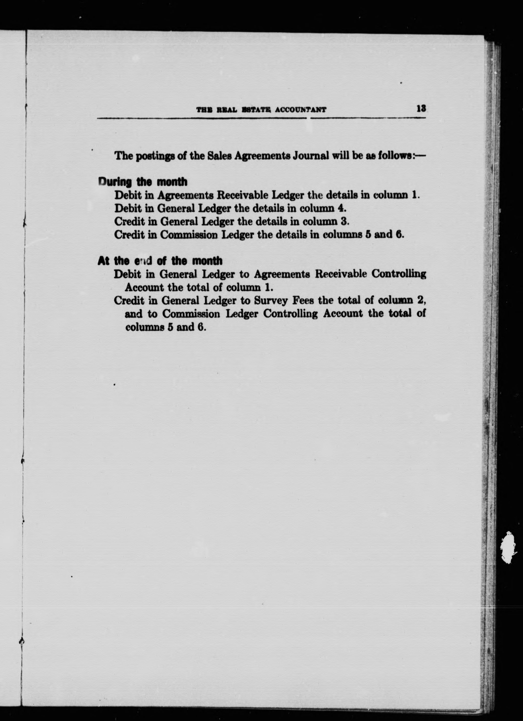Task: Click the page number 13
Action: [x=421, y=109]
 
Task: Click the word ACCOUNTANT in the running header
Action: [x=301, y=110]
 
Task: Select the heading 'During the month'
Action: [x=143, y=182]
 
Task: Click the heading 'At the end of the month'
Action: [x=160, y=261]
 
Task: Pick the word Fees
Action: [x=304, y=300]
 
